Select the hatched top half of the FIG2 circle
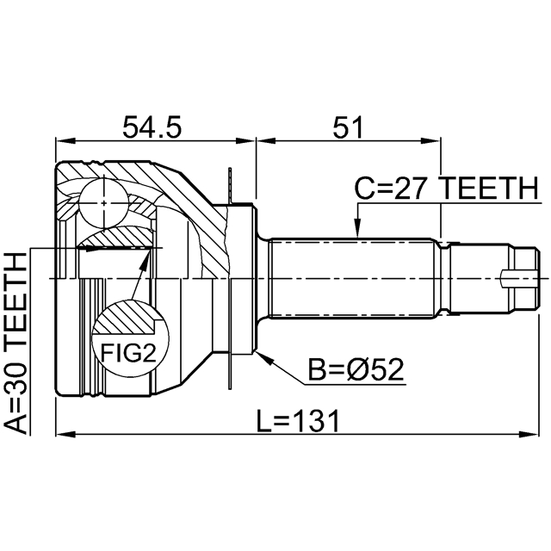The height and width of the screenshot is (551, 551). [129, 319]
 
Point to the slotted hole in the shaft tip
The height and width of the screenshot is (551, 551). [517, 279]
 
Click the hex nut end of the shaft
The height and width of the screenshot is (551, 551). [525, 279]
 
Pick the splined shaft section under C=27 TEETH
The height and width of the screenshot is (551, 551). [357, 279]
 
